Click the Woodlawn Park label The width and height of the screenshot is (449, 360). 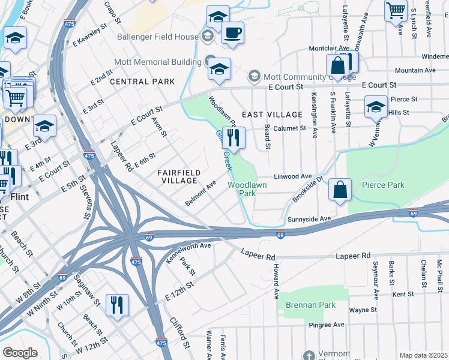pyautogui.click(x=242, y=190)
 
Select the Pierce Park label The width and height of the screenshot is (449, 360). pyautogui.click(x=384, y=185)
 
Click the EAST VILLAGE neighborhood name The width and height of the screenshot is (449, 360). pyautogui.click(x=272, y=114)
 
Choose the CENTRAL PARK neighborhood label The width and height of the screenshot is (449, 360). pyautogui.click(x=142, y=81)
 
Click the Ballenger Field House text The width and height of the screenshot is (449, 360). pyautogui.click(x=160, y=37)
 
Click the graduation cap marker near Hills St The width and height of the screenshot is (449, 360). pyautogui.click(x=376, y=107)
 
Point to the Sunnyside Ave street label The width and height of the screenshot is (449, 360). pyautogui.click(x=309, y=219)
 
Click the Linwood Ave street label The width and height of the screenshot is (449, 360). pyautogui.click(x=293, y=176)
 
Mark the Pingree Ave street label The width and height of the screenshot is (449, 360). pyautogui.click(x=330, y=325)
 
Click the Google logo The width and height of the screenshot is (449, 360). pyautogui.click(x=20, y=352)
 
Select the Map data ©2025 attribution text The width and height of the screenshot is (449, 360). pyautogui.click(x=423, y=355)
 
